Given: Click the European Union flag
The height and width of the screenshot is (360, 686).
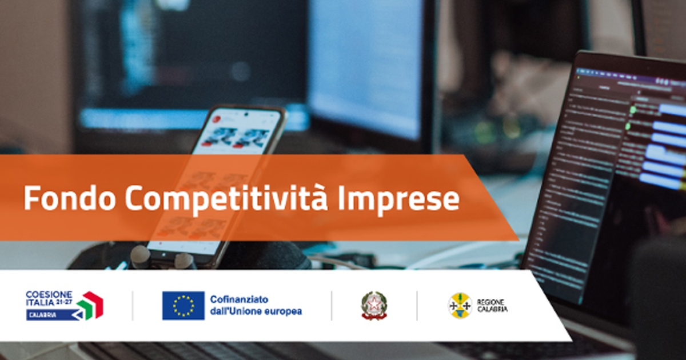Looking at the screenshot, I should click(x=183, y=306).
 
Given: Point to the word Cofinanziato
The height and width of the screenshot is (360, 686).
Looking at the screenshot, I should click(x=239, y=299).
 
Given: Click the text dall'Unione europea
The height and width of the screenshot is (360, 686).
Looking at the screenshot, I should click(x=256, y=311).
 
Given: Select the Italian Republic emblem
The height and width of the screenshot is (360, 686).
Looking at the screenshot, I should click(x=374, y=306).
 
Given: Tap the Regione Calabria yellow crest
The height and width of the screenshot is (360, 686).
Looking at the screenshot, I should click(x=460, y=306).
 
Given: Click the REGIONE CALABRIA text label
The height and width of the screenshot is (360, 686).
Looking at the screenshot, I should click(x=491, y=306).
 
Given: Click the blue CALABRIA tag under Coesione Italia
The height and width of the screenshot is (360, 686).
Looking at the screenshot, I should click(x=46, y=315).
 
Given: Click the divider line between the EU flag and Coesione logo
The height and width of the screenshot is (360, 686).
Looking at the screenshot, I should click(x=133, y=306).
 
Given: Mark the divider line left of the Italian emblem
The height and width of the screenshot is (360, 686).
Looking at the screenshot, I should click(x=332, y=306).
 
